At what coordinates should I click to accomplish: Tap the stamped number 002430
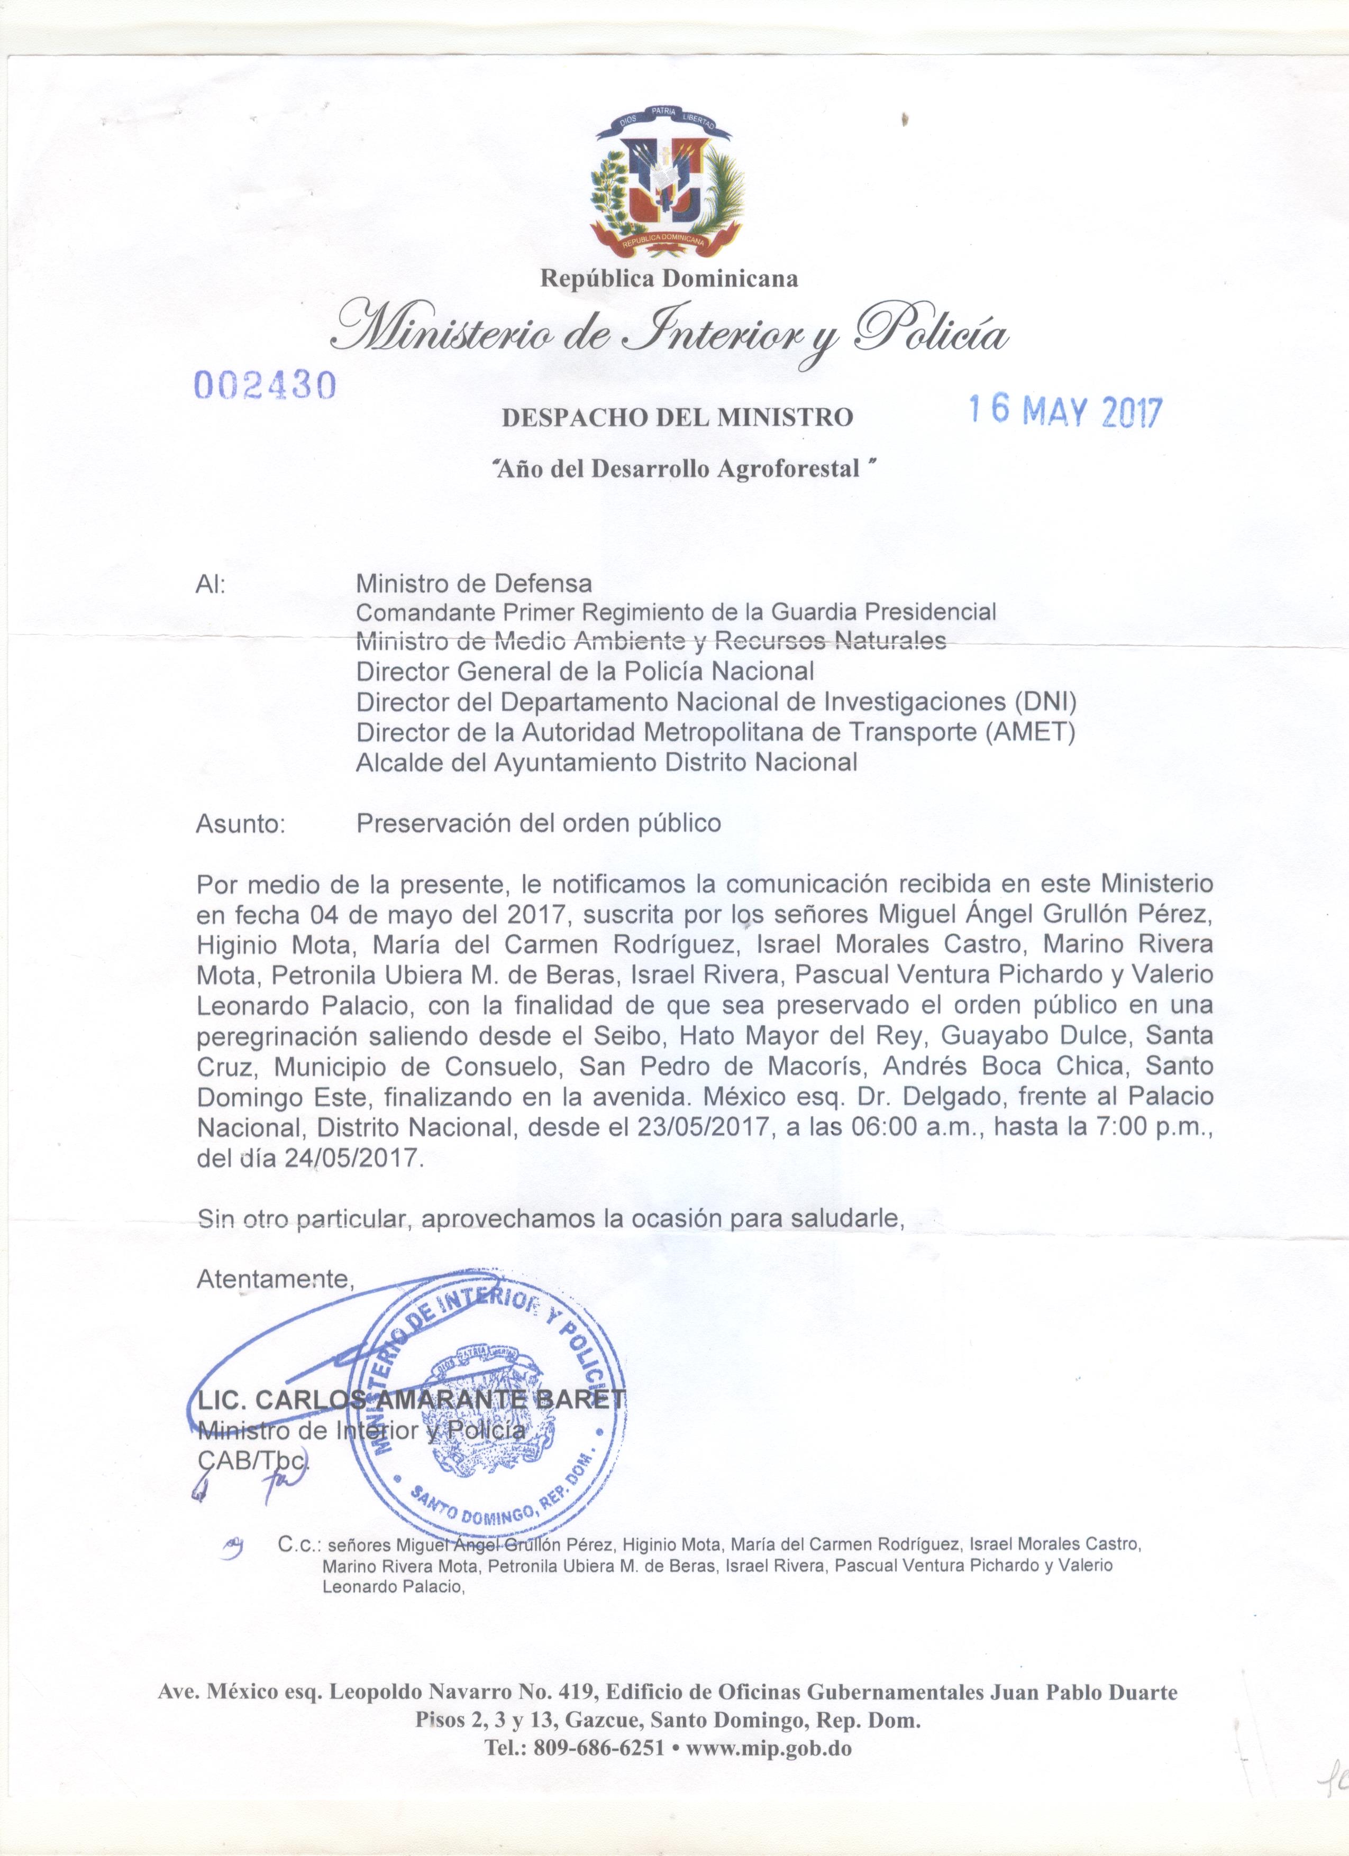[x=265, y=384]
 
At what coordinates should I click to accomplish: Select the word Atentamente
[x=274, y=1279]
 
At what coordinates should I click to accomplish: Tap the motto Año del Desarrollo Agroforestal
[x=676, y=469]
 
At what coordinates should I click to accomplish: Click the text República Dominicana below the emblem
[x=669, y=279]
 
